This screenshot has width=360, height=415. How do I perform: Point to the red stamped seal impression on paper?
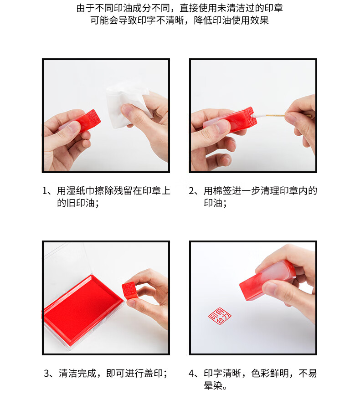(220, 316)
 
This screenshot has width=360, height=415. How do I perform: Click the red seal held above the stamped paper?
(267, 280)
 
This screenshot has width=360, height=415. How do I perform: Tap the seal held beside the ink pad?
(130, 290)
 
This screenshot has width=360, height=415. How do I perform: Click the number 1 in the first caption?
(45, 191)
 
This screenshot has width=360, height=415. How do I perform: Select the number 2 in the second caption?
(191, 191)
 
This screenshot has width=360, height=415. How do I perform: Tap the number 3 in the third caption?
(46, 374)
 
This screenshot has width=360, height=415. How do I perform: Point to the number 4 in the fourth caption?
(192, 374)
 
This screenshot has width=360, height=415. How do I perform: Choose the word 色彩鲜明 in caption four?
(270, 374)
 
